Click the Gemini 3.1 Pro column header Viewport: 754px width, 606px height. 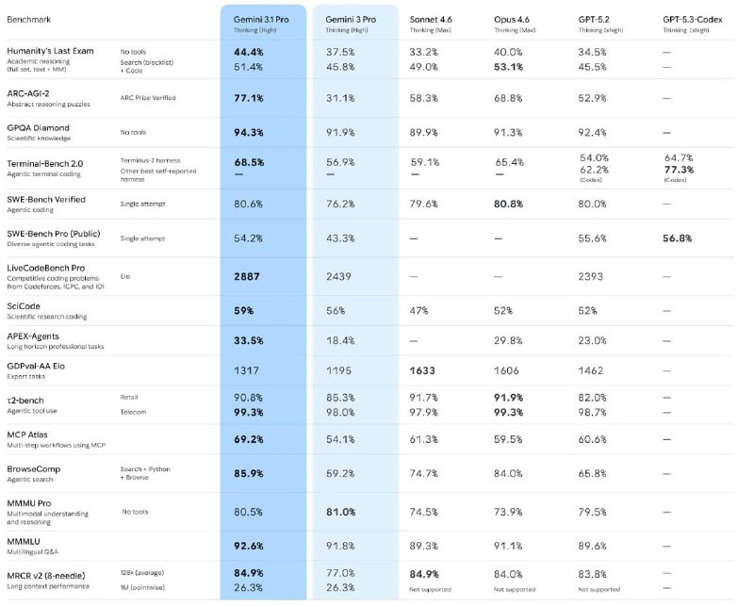pyautogui.click(x=262, y=19)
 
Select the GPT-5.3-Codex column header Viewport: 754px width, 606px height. pyautogui.click(x=701, y=19)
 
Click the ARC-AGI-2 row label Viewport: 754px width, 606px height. pyautogui.click(x=34, y=91)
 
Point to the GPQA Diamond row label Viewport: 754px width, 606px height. pyautogui.click(x=38, y=127)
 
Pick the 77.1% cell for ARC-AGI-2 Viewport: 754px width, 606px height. pyautogui.click(x=248, y=97)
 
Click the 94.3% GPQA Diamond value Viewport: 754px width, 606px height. pyautogui.click(x=248, y=133)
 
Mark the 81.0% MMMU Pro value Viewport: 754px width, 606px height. pyautogui.click(x=339, y=512)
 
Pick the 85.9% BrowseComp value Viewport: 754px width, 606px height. pyautogui.click(x=248, y=475)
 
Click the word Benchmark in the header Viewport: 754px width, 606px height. pyautogui.click(x=30, y=19)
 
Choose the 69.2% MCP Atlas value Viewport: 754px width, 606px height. pyautogui.click(x=248, y=439)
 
